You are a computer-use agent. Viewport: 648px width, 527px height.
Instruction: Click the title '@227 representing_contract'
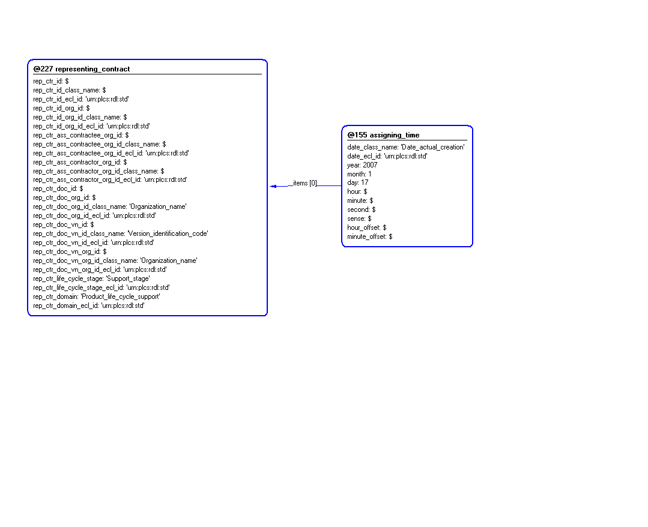click(x=82, y=69)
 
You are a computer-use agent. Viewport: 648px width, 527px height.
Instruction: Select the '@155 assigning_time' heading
click(x=383, y=135)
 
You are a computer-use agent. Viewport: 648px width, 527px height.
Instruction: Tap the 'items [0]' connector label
click(x=305, y=183)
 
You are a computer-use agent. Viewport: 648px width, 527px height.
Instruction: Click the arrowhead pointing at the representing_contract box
click(x=273, y=186)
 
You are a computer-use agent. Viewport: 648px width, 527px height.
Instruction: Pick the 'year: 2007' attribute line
click(x=362, y=165)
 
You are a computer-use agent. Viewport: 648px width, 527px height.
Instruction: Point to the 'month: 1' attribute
click(x=359, y=174)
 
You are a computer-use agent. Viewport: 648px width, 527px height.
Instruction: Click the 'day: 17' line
click(x=357, y=182)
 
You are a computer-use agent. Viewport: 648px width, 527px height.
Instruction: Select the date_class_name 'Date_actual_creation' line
click(x=406, y=147)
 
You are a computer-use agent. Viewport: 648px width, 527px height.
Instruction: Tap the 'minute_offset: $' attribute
click(x=370, y=236)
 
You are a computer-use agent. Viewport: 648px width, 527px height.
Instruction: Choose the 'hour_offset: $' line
click(x=367, y=227)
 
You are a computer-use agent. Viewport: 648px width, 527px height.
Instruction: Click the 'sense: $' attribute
click(x=359, y=218)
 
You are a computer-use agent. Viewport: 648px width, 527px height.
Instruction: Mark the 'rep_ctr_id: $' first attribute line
click(x=51, y=81)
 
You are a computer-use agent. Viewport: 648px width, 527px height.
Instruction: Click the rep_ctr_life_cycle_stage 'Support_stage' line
click(x=91, y=279)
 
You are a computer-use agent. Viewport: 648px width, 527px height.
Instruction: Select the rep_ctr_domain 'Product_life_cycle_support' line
click(x=96, y=297)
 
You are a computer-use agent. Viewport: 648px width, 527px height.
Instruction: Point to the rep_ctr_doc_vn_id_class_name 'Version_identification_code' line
click(x=121, y=233)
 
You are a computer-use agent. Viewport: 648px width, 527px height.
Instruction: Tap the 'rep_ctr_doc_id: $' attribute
click(x=58, y=188)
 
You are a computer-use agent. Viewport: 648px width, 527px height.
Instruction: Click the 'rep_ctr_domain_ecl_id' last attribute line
click(x=89, y=306)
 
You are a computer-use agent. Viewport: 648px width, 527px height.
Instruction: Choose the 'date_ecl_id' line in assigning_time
click(x=387, y=156)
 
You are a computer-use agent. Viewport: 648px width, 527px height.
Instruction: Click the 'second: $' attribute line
click(x=361, y=209)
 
